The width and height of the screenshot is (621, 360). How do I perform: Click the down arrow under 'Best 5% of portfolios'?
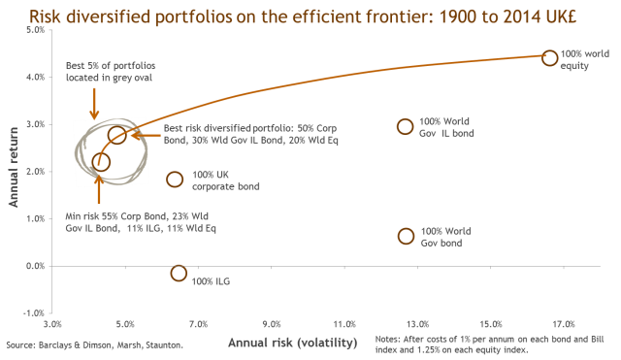[94, 104]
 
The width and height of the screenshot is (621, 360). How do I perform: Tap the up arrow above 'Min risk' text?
[99, 189]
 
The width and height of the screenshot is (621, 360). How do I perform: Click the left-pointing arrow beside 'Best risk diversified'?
[146, 136]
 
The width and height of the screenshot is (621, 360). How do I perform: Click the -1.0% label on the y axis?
[34, 313]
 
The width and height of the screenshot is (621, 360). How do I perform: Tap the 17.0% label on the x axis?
[564, 324]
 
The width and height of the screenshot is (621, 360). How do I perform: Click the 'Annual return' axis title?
[14, 167]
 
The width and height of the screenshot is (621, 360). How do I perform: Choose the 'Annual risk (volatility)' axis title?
[293, 343]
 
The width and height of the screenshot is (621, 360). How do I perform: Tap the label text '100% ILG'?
[211, 281]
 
